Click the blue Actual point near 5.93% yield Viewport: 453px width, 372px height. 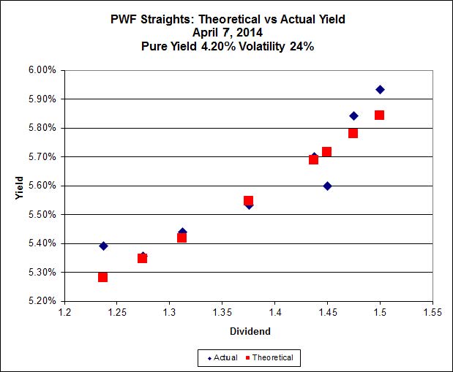click(380, 89)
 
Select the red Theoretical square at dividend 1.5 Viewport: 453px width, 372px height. click(379, 115)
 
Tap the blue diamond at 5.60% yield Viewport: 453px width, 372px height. click(327, 186)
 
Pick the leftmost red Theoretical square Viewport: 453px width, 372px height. click(102, 277)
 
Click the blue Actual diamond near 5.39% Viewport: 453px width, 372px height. click(103, 246)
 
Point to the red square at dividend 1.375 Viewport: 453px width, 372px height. click(248, 200)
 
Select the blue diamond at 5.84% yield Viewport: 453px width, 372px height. click(353, 115)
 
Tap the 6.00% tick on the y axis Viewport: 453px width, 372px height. click(41, 70)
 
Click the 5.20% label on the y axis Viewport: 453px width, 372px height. click(41, 301)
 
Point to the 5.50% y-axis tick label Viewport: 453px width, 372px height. click(41, 214)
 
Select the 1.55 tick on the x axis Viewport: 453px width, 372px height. click(433, 313)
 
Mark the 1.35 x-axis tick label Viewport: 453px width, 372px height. click(222, 313)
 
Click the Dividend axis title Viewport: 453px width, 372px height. click(249, 331)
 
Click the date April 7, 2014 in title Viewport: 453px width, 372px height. click(226, 32)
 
